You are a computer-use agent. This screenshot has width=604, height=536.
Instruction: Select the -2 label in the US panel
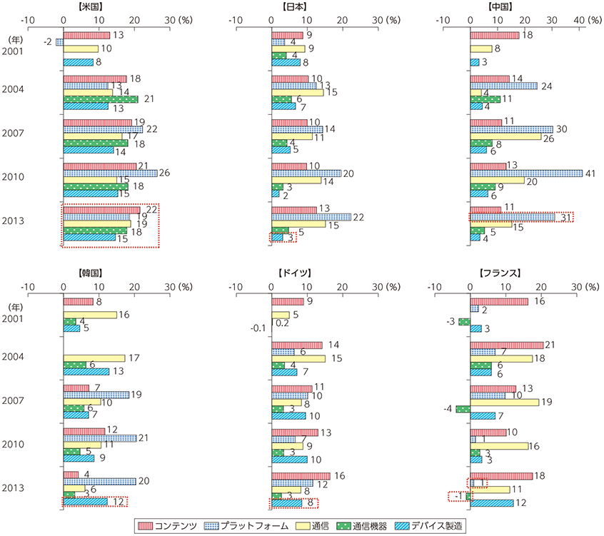click(47, 42)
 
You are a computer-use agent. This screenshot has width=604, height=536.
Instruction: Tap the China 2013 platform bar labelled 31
click(512, 217)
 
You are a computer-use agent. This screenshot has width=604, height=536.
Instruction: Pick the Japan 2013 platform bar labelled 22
click(311, 217)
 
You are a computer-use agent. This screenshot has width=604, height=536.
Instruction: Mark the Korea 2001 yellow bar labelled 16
click(89, 315)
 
